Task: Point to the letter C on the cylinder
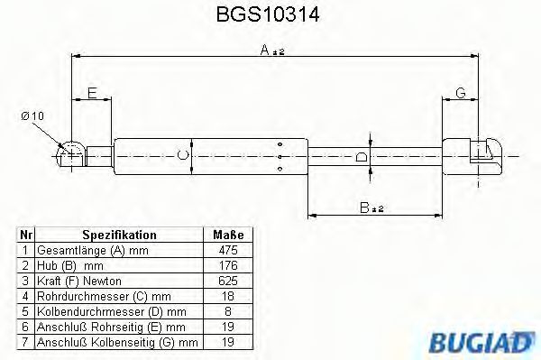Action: (183, 155)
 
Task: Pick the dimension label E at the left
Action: (93, 93)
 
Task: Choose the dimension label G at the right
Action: (460, 93)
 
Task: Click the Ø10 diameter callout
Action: (32, 116)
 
